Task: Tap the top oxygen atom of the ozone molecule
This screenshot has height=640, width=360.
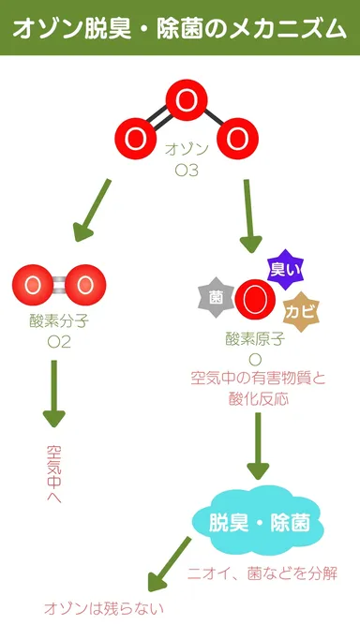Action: click(x=187, y=99)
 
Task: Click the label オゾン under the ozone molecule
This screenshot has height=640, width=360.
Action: click(x=186, y=150)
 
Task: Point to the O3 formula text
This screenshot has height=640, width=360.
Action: click(x=186, y=170)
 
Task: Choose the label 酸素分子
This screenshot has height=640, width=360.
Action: click(x=58, y=323)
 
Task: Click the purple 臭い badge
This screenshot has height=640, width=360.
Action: click(x=285, y=269)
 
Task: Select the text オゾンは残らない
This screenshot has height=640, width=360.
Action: click(x=104, y=608)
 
